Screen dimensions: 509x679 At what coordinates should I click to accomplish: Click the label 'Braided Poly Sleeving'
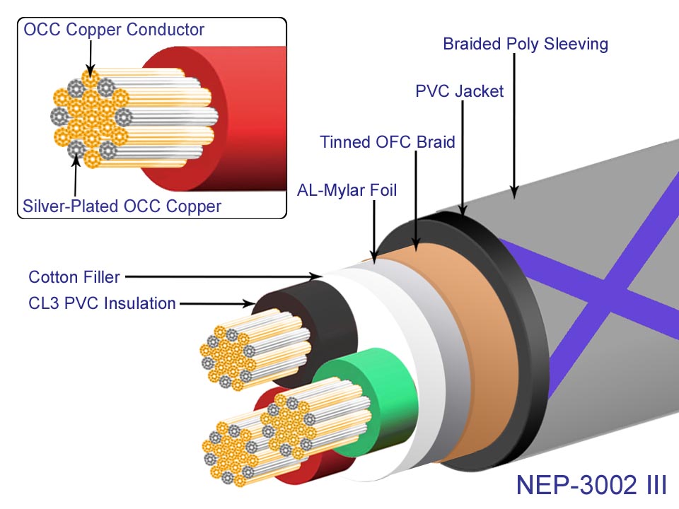pos(526,44)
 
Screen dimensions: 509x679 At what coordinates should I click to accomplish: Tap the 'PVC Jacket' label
pos(459,91)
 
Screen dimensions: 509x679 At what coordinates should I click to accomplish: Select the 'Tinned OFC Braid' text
pos(387,141)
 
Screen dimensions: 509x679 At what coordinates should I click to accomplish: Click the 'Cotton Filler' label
pos(74,276)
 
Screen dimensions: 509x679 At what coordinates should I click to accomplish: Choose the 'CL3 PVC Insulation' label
pos(102,303)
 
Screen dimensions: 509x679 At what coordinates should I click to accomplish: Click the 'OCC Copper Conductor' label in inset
pos(114,30)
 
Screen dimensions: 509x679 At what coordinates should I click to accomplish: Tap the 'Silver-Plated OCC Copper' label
pos(122,206)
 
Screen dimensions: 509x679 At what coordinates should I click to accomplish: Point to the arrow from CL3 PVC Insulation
pos(216,304)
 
